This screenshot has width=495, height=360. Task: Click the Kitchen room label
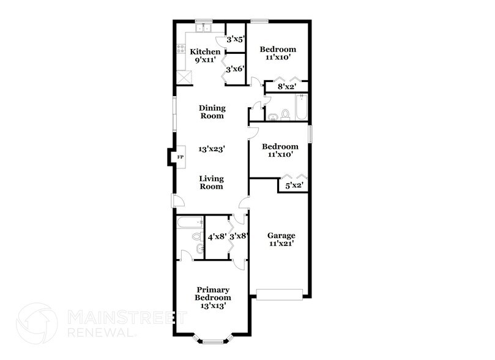205,51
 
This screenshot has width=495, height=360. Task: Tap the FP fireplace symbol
180,157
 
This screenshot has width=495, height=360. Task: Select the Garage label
281,236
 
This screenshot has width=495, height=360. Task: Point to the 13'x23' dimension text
211,149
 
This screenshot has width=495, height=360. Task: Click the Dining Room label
211,111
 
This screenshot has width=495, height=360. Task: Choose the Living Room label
211,182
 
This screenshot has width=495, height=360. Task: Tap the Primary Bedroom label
212,293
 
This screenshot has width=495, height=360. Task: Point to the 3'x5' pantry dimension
236,40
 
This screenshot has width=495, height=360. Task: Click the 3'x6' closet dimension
236,69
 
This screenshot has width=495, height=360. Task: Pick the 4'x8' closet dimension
217,236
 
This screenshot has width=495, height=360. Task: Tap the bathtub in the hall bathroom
300,107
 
